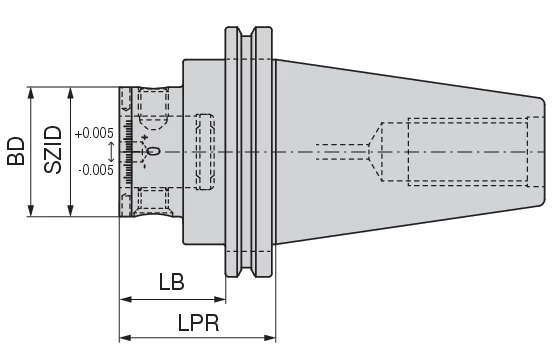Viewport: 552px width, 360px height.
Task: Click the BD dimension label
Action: pos(15,151)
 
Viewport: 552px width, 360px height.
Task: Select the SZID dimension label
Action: pos(53,151)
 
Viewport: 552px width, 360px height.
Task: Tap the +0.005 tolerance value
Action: pos(94,132)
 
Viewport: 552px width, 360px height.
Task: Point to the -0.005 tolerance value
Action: pos(94,169)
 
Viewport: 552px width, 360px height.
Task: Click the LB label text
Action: pos(171,282)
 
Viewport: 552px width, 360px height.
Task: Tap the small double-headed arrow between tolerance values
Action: pos(110,151)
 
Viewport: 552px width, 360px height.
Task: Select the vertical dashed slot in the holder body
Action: pos(205,151)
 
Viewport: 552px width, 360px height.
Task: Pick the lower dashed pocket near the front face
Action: pos(152,199)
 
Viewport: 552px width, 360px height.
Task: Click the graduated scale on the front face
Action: pos(125,151)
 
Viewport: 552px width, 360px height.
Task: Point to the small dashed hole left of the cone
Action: pos(340,151)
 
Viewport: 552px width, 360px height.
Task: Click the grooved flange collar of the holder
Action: pos(247,151)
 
